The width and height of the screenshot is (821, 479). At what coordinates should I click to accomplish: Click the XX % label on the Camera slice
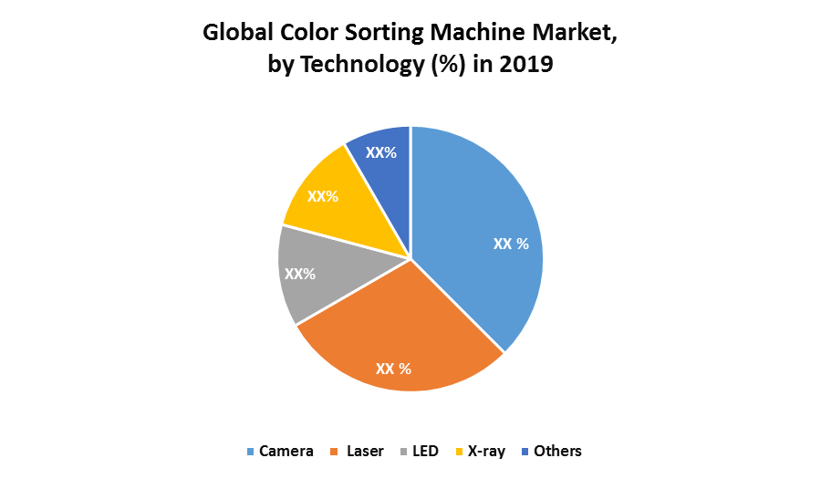(x=511, y=245)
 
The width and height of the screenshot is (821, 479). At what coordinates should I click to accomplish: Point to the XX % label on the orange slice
(x=394, y=369)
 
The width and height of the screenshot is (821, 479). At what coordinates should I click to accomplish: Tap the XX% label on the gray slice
(x=300, y=274)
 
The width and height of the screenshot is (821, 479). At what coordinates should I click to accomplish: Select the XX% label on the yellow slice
(x=323, y=196)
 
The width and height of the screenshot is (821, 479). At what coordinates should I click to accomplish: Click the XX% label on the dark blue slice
(x=381, y=152)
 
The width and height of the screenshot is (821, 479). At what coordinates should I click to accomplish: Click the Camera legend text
(x=286, y=451)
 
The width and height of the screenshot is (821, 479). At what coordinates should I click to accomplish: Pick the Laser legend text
(x=366, y=451)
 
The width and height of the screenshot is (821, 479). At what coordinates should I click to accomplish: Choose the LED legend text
(x=425, y=451)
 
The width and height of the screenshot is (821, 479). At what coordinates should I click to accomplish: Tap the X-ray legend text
(x=486, y=451)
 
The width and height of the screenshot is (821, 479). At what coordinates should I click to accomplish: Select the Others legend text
(x=557, y=451)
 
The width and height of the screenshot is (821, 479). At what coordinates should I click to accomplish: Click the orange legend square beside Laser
(x=339, y=452)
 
